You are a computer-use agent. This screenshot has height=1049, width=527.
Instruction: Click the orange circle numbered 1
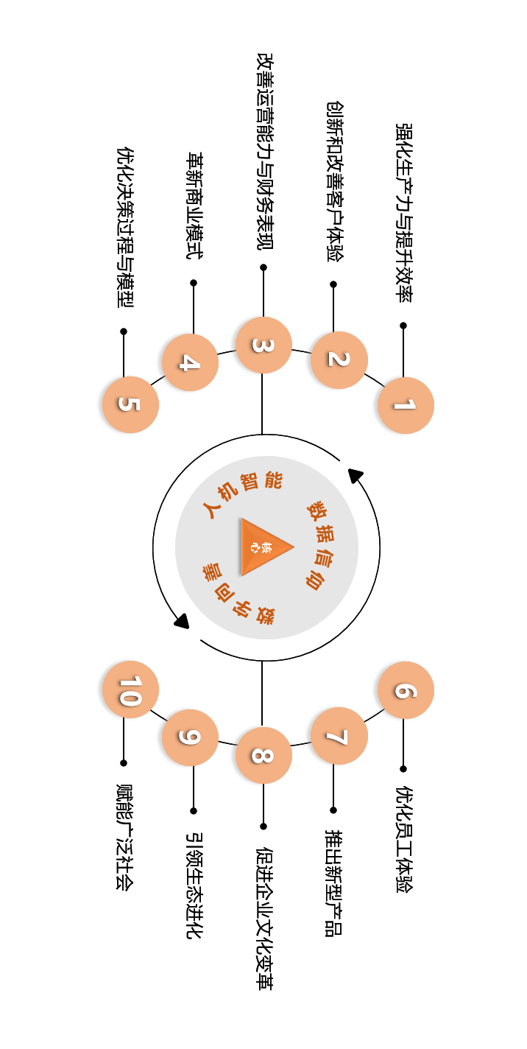[x=406, y=405]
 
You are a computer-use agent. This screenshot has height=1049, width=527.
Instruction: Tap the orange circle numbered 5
[x=130, y=404]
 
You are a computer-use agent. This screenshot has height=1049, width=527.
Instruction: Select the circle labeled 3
[x=263, y=345]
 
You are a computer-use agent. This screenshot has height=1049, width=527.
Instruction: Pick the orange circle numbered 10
[x=130, y=690]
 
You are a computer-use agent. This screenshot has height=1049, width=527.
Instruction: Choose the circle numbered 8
[x=263, y=755]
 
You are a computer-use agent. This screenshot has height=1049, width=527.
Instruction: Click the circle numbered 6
[x=406, y=690]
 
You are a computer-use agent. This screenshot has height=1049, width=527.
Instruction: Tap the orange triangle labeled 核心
[x=263, y=547]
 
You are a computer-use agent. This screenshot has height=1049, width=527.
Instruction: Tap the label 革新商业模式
[x=194, y=206]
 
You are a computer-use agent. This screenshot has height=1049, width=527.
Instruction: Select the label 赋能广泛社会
[x=124, y=837]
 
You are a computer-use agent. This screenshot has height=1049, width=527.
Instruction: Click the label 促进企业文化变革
[x=263, y=918]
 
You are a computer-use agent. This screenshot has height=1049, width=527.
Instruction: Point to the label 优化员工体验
[x=404, y=839]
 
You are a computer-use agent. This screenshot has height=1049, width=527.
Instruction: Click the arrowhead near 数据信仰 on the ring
[x=356, y=475]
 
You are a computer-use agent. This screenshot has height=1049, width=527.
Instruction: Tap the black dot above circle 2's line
[x=333, y=284]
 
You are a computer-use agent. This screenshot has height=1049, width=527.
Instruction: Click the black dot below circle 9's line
[x=194, y=810]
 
